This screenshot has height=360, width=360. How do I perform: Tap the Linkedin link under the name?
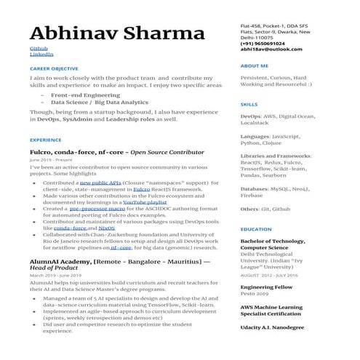click(40, 55)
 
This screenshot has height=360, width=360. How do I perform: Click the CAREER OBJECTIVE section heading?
click(54, 68)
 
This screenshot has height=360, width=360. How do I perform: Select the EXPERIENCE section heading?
click(46, 139)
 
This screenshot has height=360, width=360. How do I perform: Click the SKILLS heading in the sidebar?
click(249, 105)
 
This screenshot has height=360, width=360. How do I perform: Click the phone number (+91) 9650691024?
click(267, 44)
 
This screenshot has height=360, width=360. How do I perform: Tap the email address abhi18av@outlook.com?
click(271, 49)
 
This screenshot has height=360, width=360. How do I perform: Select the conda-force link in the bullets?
click(70, 228)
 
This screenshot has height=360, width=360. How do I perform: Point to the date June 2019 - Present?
click(53, 159)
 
